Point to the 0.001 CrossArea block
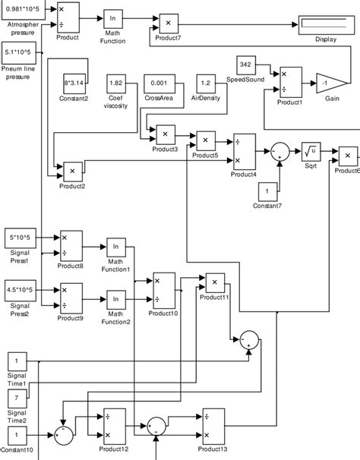click(x=160, y=83)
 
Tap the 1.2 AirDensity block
click(x=206, y=83)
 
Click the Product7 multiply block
click(x=168, y=24)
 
